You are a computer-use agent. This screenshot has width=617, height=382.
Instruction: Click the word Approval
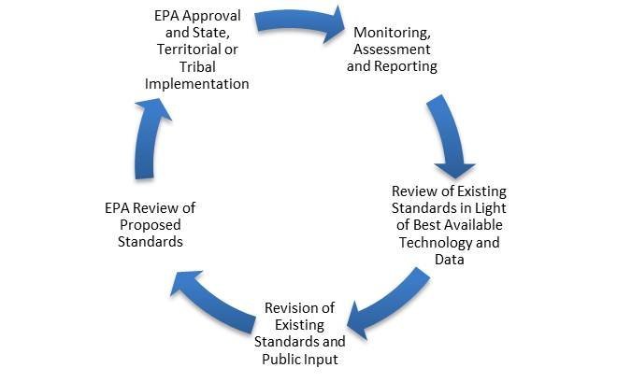point(211,17)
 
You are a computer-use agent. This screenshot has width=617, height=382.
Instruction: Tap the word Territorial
point(188,50)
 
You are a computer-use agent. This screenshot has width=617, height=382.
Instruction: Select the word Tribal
point(197,66)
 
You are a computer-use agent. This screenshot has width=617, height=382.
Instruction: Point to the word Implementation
point(196,84)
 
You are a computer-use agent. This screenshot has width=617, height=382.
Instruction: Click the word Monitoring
point(392,33)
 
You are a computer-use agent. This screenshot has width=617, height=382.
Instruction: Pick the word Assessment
point(392,50)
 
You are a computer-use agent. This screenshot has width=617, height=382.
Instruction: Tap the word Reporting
point(409,66)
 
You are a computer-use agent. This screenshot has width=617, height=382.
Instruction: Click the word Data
point(450,260)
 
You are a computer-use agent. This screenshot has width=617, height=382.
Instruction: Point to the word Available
point(475,225)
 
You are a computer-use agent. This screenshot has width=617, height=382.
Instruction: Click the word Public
point(279,360)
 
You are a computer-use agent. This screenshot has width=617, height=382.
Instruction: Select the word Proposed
point(150,225)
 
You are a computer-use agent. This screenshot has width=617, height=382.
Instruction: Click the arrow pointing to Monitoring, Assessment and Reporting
point(299,23)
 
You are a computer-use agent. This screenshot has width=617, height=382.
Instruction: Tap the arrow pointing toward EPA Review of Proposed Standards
point(213,302)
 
